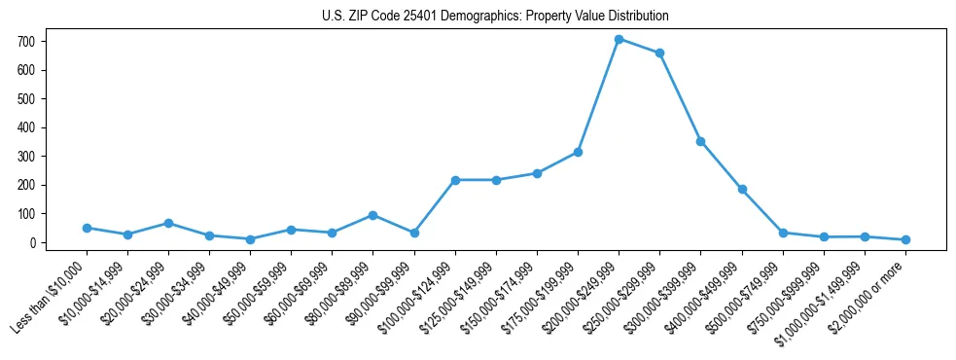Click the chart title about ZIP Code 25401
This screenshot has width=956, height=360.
pos(495,17)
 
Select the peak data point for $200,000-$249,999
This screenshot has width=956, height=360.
pos(619,39)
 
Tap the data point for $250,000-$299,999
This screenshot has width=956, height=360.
pos(659,53)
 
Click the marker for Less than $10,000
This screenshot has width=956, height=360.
pos(87,228)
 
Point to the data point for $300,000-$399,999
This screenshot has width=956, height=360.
pos(700,141)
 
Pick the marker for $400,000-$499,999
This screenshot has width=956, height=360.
pos(742,189)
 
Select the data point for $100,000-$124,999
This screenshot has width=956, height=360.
pos(455,180)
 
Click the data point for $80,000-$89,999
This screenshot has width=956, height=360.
pos(373,215)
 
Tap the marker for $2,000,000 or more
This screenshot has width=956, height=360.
pos(905,239)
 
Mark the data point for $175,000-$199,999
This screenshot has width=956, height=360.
pos(578,152)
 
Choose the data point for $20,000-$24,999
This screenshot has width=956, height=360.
pos(168,223)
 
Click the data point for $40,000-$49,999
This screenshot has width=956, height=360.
pos(250,239)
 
